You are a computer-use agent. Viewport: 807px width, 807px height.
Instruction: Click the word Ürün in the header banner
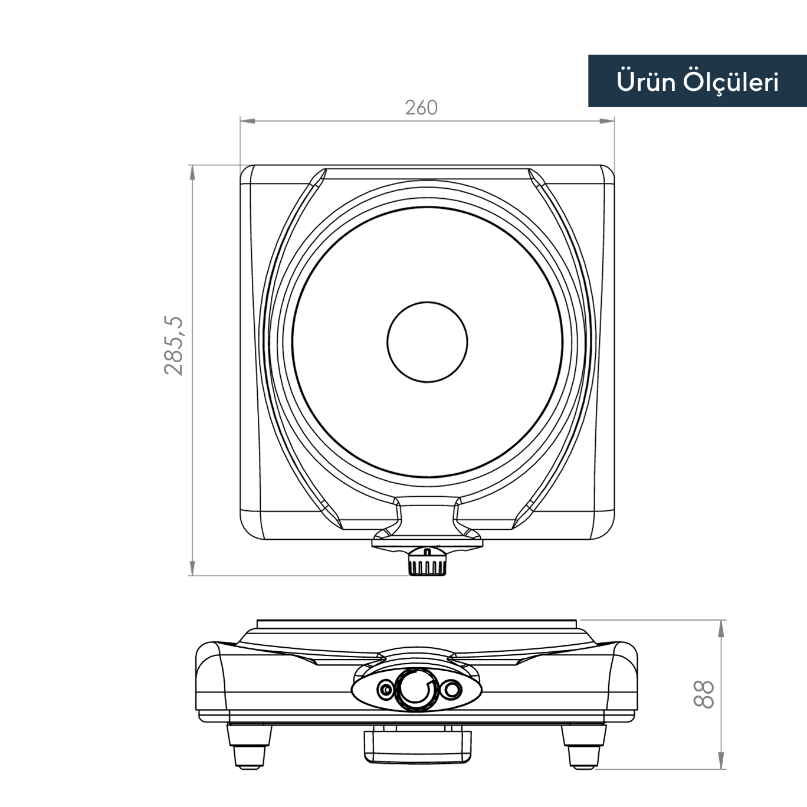(x=645, y=81)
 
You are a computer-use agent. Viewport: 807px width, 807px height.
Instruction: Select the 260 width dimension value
(x=421, y=107)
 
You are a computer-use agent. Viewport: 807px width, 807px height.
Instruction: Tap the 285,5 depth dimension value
(x=174, y=346)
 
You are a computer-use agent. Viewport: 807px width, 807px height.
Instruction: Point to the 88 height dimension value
(x=703, y=694)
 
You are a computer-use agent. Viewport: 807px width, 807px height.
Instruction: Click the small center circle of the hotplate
(x=427, y=342)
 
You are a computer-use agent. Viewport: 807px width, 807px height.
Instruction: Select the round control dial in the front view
(x=416, y=689)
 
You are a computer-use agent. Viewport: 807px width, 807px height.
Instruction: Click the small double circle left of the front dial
(x=385, y=689)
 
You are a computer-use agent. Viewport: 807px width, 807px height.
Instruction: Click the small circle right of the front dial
(x=452, y=689)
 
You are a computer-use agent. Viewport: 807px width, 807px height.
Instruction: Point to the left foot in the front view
(x=249, y=746)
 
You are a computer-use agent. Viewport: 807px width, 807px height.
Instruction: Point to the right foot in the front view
(x=583, y=746)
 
